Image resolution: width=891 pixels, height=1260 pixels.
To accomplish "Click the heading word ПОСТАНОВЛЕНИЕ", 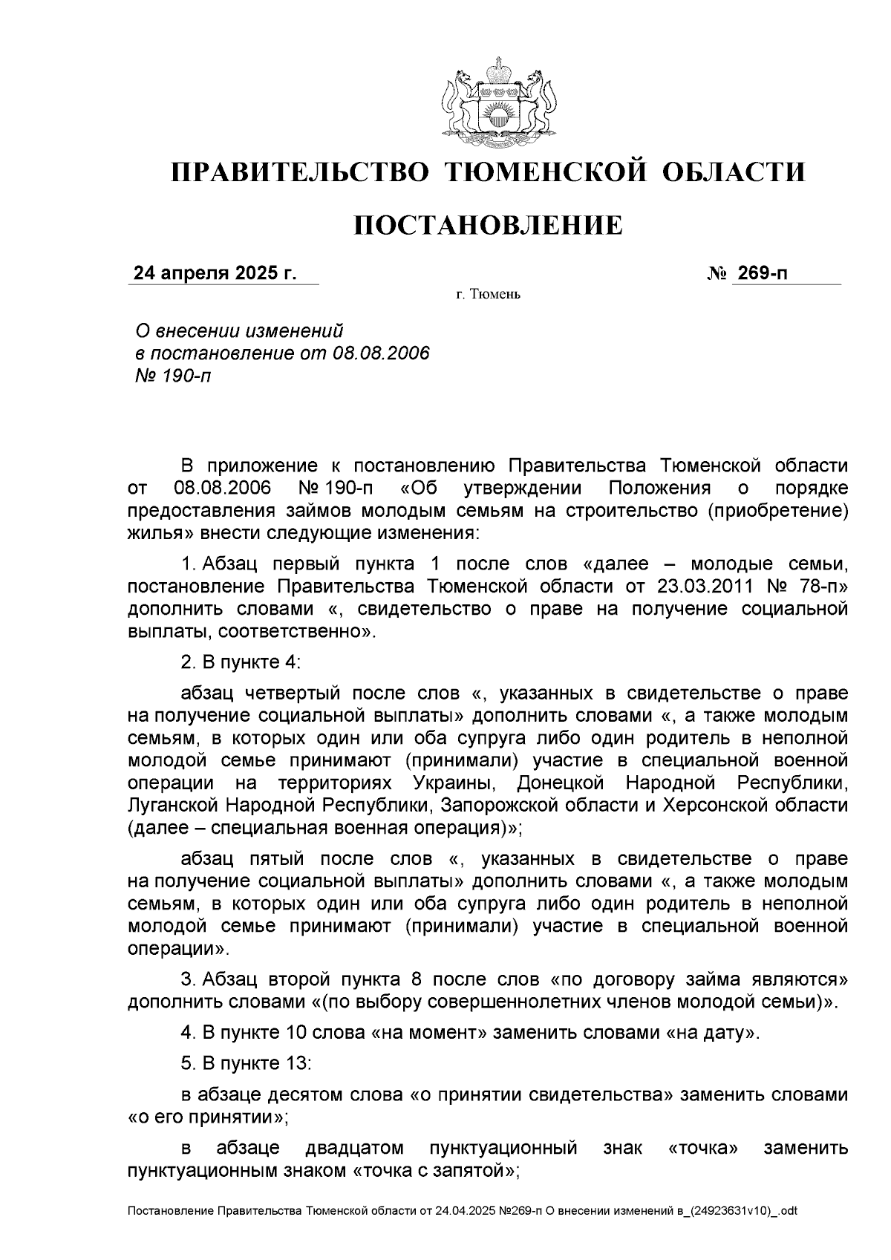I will (x=488, y=225).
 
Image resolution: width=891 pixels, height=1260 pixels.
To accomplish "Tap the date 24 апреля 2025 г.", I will (x=215, y=274).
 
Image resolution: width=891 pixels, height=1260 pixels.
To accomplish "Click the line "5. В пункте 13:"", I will (x=246, y=1063).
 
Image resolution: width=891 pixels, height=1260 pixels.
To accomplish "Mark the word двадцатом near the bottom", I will (x=354, y=1149).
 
